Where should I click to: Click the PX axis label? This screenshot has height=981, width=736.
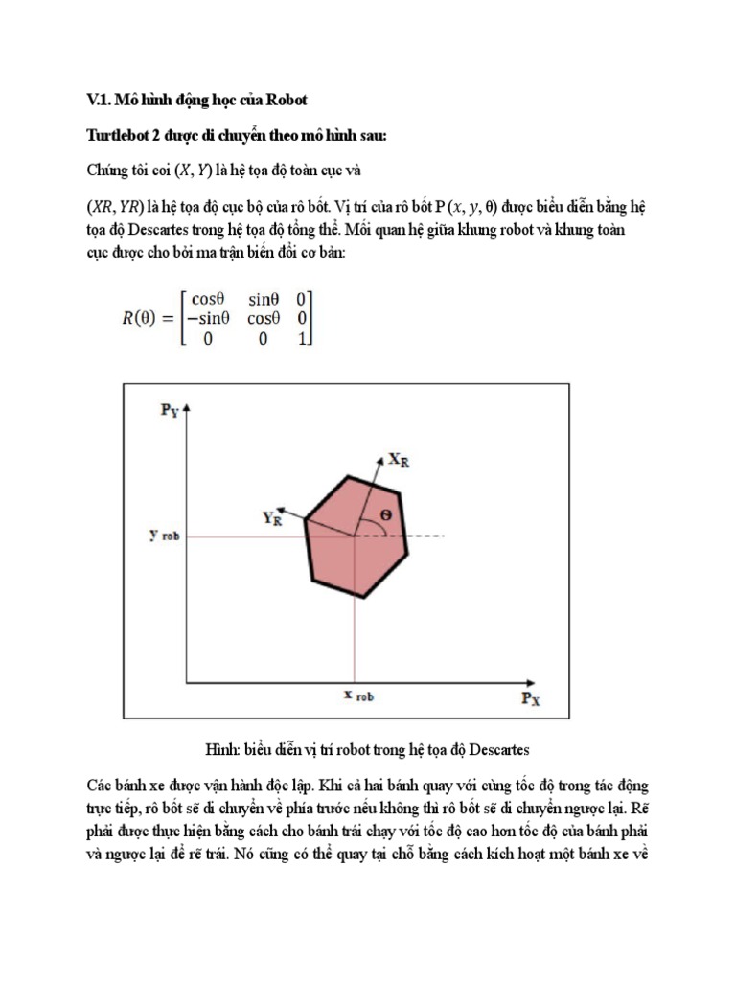click(x=531, y=698)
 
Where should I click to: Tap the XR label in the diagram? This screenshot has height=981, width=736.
click(x=401, y=460)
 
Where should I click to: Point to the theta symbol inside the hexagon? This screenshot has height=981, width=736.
click(x=385, y=514)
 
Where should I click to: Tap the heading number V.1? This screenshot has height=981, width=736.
click(x=99, y=101)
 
